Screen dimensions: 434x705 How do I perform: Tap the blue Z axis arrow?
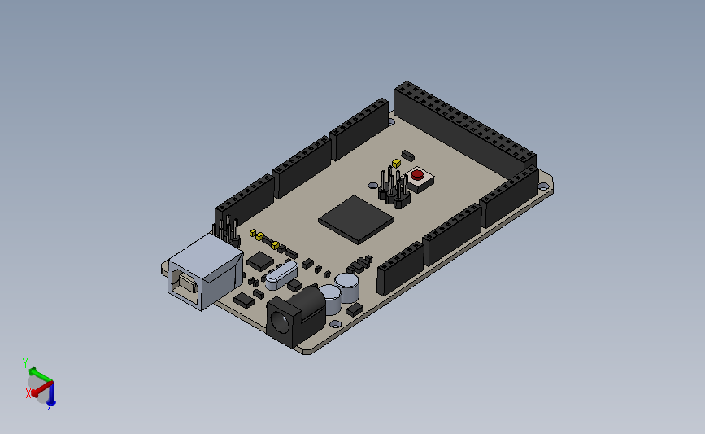point(51,396)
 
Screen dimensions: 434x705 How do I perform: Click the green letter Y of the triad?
point(25,362)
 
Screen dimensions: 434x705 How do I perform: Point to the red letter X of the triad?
point(28,393)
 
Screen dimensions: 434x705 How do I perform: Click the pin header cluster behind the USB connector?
point(227,229)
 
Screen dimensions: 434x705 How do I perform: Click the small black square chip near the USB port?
point(259,261)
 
